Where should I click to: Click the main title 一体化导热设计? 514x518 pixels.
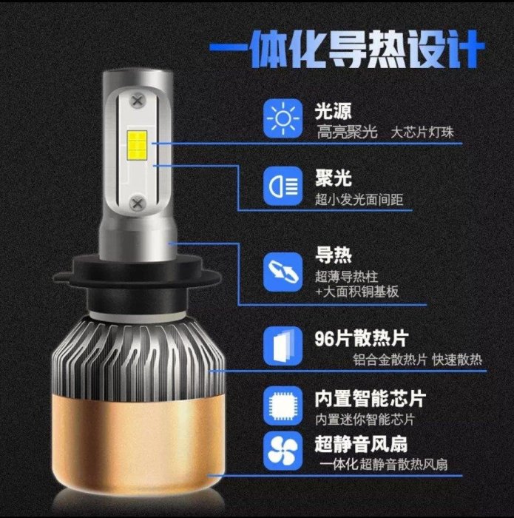pos(347,50)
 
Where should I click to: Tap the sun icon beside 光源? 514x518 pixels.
pos(283,118)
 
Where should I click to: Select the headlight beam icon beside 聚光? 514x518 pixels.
pos(283,186)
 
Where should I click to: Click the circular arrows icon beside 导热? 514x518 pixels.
pos(283,272)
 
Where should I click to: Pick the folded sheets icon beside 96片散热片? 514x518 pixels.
pos(283,346)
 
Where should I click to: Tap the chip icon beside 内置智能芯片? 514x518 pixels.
pos(283,406)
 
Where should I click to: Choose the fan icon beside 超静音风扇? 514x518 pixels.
pos(283,451)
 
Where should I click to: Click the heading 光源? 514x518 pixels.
pos(333,111)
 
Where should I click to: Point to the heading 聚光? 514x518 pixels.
pos(333,178)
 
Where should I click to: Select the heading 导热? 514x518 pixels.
pos(333,255)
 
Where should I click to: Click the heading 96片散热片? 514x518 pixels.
pos(362,338)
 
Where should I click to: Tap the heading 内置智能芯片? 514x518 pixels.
pos(370,399)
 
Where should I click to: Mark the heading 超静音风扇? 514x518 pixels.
pos(361,444)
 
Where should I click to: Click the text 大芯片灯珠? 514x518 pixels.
pos(422,132)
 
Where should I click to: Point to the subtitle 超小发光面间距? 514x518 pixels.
pos(359,200)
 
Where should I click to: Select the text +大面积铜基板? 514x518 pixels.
pos(357,292)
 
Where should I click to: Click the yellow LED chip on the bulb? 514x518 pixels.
pos(137,144)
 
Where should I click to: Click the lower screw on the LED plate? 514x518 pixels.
pos(137,203)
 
